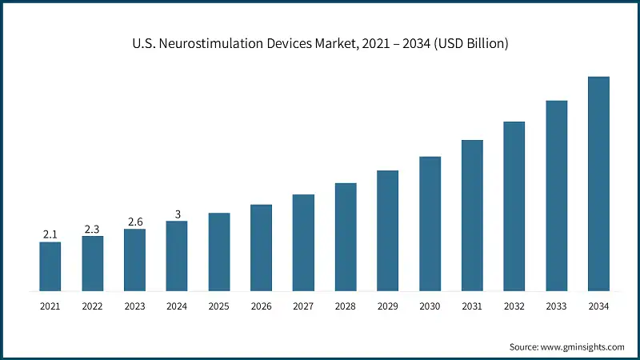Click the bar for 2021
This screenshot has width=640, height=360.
pyautogui.click(x=50, y=266)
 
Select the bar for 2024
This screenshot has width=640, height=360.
pyautogui.click(x=177, y=256)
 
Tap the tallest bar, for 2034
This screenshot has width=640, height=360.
pyautogui.click(x=598, y=184)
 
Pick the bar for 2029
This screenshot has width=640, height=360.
pyautogui.click(x=388, y=230)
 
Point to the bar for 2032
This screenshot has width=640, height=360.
pyautogui.click(x=514, y=206)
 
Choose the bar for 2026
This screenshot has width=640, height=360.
pyautogui.click(x=261, y=248)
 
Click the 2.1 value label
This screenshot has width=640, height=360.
pyautogui.click(x=50, y=234)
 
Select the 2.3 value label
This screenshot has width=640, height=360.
pyautogui.click(x=92, y=229)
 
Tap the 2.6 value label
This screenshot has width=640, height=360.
pyautogui.click(x=134, y=222)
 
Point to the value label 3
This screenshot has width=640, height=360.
pyautogui.click(x=177, y=214)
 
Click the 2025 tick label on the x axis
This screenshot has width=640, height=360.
pyautogui.click(x=219, y=306)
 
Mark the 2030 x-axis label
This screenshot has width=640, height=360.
pyautogui.click(x=430, y=306)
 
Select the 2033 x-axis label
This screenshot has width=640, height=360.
pyautogui.click(x=556, y=306)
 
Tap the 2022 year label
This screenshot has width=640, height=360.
pyautogui.click(x=92, y=306)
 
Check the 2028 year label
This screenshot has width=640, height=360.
pyautogui.click(x=346, y=306)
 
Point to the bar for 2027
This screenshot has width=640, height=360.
pyautogui.click(x=303, y=242)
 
